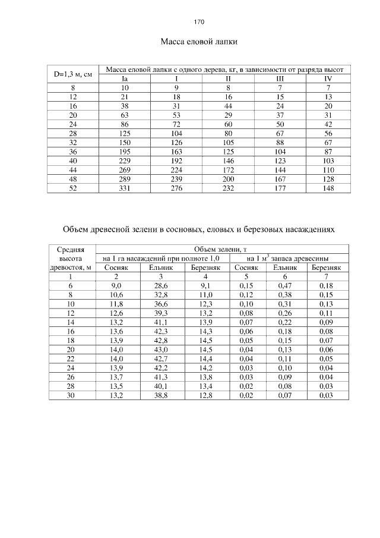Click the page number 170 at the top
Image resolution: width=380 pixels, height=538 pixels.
pyautogui.click(x=199, y=22)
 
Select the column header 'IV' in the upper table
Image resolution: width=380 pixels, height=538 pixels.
pyautogui.click(x=328, y=78)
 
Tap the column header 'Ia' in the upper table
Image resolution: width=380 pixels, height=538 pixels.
pyautogui.click(x=125, y=78)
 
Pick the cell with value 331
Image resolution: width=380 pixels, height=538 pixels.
pyautogui.click(x=125, y=188)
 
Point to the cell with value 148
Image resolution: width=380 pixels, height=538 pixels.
pyautogui.click(x=328, y=188)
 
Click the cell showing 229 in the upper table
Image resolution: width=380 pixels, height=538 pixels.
pyautogui.click(x=125, y=161)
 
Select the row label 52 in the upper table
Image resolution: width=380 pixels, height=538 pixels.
pyautogui.click(x=72, y=188)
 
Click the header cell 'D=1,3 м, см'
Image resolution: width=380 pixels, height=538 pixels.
pyautogui.click(x=72, y=74)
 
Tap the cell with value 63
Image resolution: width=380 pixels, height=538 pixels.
pyautogui.click(x=125, y=115)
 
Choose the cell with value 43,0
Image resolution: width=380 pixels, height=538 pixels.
pyautogui.click(x=161, y=350)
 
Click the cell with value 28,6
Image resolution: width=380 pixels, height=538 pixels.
pyautogui.click(x=161, y=286)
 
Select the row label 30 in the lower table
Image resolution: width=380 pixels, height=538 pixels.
pyautogui.click(x=71, y=396)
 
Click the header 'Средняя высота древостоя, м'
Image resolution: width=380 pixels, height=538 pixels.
pyautogui.click(x=71, y=259)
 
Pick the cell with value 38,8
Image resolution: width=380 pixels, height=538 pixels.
pyautogui.click(x=161, y=396)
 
